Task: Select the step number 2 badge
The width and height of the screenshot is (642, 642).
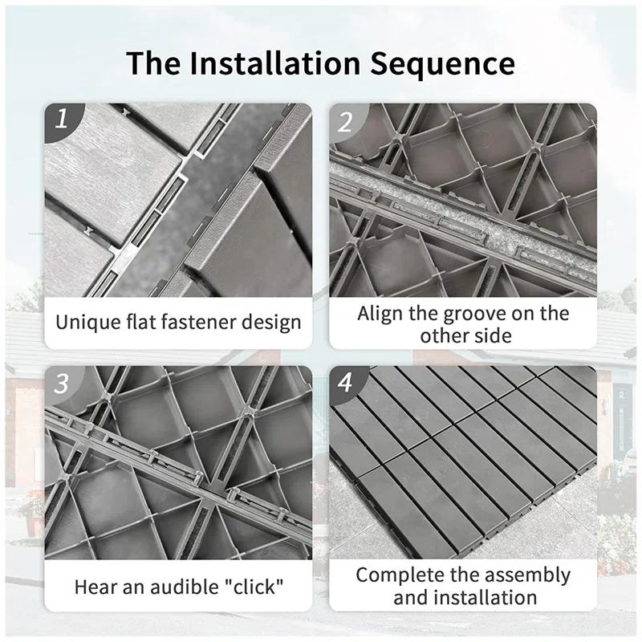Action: point(346,122)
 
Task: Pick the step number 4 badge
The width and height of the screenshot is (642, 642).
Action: point(346,384)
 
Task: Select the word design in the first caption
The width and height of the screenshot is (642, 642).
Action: point(272,323)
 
